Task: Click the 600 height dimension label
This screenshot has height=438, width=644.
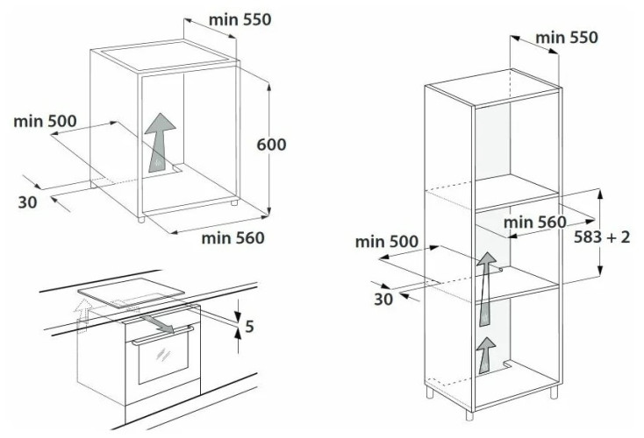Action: (271, 145)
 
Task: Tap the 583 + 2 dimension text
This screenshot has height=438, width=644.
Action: (602, 237)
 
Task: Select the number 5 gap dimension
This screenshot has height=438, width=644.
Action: (249, 328)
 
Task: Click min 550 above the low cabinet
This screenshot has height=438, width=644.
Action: (240, 19)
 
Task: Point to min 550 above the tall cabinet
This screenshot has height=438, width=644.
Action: (566, 37)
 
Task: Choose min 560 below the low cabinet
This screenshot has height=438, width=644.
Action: (233, 237)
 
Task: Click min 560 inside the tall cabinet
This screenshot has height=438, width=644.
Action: (535, 222)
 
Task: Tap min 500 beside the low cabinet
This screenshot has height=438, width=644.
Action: (45, 121)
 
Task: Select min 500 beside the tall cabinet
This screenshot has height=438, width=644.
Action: (386, 242)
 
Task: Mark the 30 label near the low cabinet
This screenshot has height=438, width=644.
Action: (27, 201)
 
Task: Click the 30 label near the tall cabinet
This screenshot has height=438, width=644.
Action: (383, 299)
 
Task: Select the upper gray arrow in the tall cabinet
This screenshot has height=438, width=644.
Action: (483, 278)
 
